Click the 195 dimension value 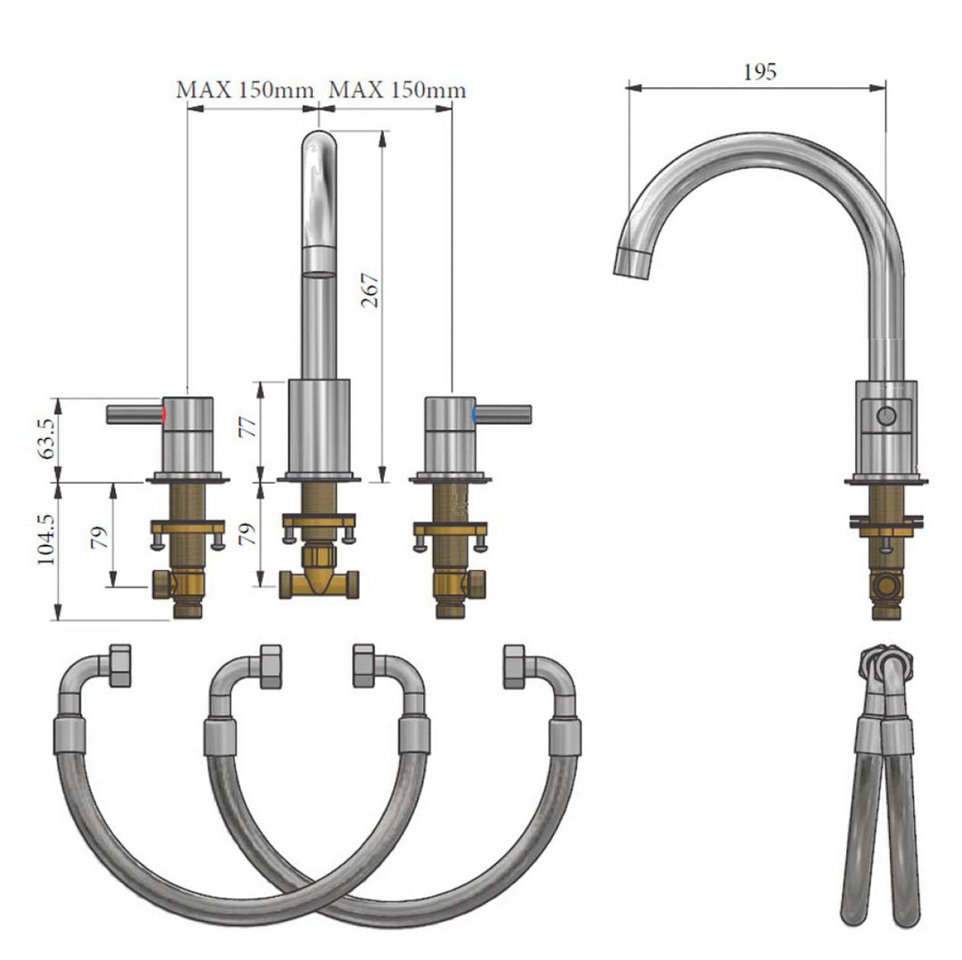(760, 72)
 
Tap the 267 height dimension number (370, 290)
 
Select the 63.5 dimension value (46, 439)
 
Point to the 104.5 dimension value (46, 540)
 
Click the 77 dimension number (248, 427)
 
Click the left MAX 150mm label (245, 90)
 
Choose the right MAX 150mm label (397, 90)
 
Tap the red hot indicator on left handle (164, 414)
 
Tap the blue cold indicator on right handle (474, 414)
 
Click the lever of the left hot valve (135, 414)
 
